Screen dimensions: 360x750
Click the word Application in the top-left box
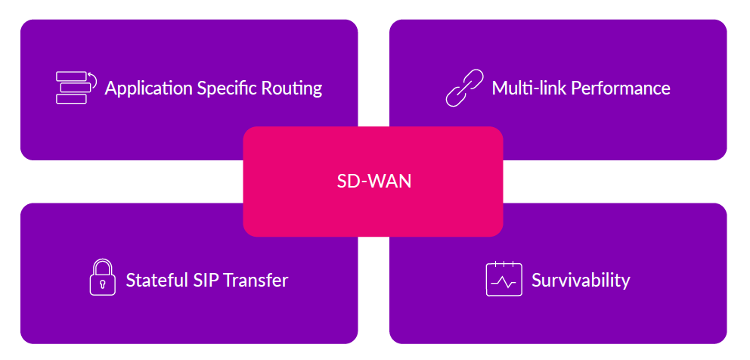point(148,88)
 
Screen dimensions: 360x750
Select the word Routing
point(293,88)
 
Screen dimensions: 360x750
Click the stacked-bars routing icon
point(75,88)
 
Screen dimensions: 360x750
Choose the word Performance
point(620,88)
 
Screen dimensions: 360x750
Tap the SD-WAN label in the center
point(373,182)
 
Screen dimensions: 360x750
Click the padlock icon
point(102,278)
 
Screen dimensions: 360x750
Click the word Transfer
point(257,281)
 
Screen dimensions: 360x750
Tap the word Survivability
point(581,281)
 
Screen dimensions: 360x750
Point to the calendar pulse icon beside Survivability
point(504,279)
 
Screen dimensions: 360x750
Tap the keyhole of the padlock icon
point(102,284)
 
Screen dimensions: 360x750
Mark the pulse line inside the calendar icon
point(504,283)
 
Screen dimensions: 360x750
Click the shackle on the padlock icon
point(102,266)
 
